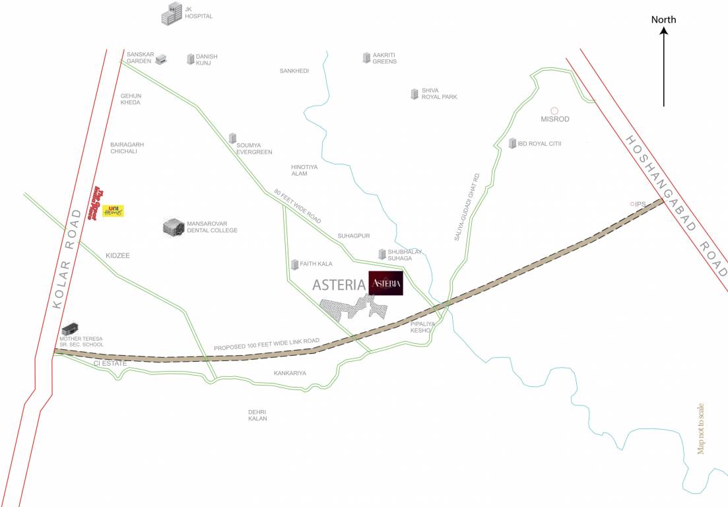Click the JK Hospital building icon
[172, 13]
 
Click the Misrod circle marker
[554, 110]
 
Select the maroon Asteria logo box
[385, 283]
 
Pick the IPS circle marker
[632, 204]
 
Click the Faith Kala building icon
[294, 264]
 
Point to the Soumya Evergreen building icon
[232, 138]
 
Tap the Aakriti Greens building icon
[366, 57]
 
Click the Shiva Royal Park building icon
[414, 93]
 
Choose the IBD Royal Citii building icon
[512, 143]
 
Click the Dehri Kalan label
[257, 415]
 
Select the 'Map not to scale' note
[701, 428]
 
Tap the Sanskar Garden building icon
[161, 59]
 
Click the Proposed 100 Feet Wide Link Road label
[267, 344]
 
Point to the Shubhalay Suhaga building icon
[381, 253]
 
